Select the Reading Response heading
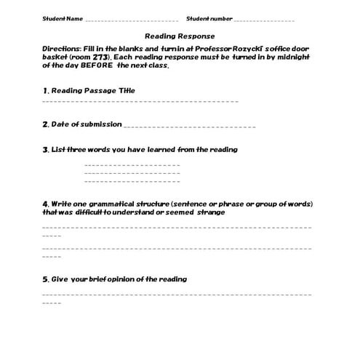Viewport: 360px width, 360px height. [x=180, y=36]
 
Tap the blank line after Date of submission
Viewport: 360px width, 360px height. [x=189, y=127]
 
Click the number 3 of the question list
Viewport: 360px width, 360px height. [x=45, y=150]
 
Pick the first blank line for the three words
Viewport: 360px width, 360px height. [x=132, y=165]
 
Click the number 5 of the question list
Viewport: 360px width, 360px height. [x=45, y=279]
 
